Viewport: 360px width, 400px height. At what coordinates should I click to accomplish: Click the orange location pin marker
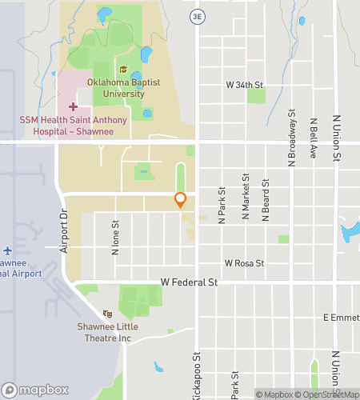[181, 200]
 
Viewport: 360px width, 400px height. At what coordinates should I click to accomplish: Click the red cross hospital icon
[73, 106]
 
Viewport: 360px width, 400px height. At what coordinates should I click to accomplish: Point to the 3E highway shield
[197, 16]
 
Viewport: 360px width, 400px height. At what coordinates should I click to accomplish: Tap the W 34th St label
[245, 84]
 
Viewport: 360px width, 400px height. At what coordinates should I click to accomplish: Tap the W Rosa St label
[244, 262]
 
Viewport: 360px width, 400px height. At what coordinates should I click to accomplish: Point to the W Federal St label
[189, 282]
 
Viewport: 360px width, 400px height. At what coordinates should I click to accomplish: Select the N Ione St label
[116, 238]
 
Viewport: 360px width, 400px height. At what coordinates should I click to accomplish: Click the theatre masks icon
[107, 314]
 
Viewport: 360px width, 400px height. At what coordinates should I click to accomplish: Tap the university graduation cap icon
[122, 70]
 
